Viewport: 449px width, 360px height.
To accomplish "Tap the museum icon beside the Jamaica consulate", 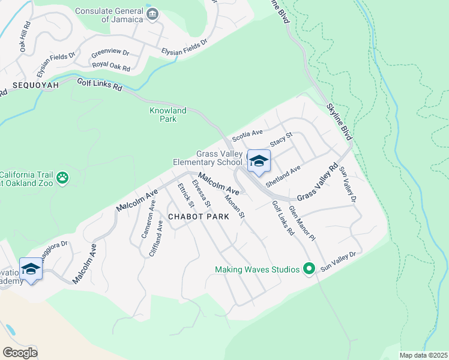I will (x=153, y=14).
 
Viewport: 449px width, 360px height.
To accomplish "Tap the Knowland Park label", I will (x=167, y=115).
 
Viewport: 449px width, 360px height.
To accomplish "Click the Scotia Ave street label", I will (x=247, y=136).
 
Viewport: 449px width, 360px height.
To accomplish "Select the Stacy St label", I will (x=280, y=141).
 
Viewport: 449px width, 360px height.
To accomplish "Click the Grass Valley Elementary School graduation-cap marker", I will (x=259, y=161).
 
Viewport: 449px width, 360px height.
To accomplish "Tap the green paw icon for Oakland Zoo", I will (x=62, y=178).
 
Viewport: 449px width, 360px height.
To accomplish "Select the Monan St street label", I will (x=234, y=206).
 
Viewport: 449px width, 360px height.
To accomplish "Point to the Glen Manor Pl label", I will (x=301, y=223).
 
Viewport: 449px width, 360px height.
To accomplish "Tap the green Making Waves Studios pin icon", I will (x=310, y=269).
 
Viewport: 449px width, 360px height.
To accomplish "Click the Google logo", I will (x=20, y=352).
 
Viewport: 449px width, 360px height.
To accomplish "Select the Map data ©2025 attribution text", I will (x=423, y=355).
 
